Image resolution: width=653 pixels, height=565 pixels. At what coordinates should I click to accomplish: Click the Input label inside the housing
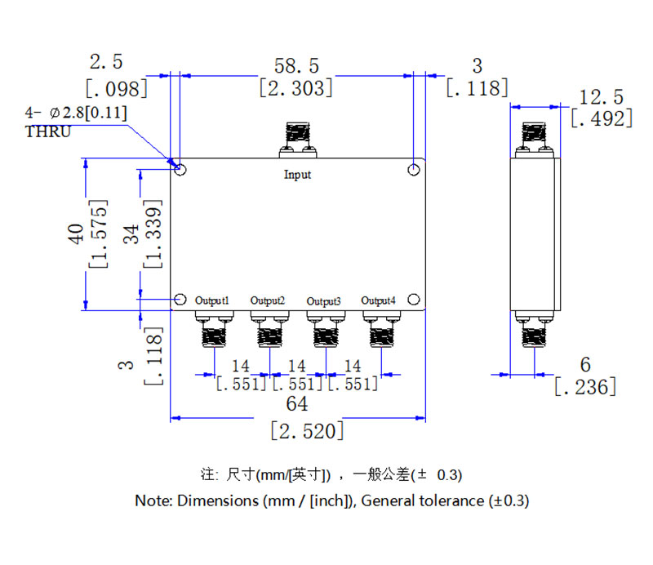tap(297, 175)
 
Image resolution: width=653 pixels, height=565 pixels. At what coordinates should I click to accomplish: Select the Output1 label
tap(212, 300)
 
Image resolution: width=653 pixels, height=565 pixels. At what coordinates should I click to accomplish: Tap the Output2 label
tap(268, 300)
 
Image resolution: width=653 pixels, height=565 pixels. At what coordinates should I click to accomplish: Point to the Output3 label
tap(323, 300)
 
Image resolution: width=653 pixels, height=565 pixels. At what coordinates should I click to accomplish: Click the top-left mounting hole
tap(181, 170)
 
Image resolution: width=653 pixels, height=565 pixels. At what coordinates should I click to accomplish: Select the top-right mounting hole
tap(415, 170)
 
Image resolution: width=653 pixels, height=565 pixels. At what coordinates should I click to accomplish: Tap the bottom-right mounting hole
tap(414, 299)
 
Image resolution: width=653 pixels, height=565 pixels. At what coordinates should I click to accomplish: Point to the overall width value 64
tap(296, 404)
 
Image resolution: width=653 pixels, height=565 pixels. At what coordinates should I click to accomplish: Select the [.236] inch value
tap(584, 387)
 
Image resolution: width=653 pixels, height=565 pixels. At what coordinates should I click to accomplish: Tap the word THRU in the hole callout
tap(48, 131)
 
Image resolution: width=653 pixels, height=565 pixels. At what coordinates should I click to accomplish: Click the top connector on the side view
tap(535, 139)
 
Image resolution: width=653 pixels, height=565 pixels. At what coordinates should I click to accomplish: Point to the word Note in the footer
tap(151, 500)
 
